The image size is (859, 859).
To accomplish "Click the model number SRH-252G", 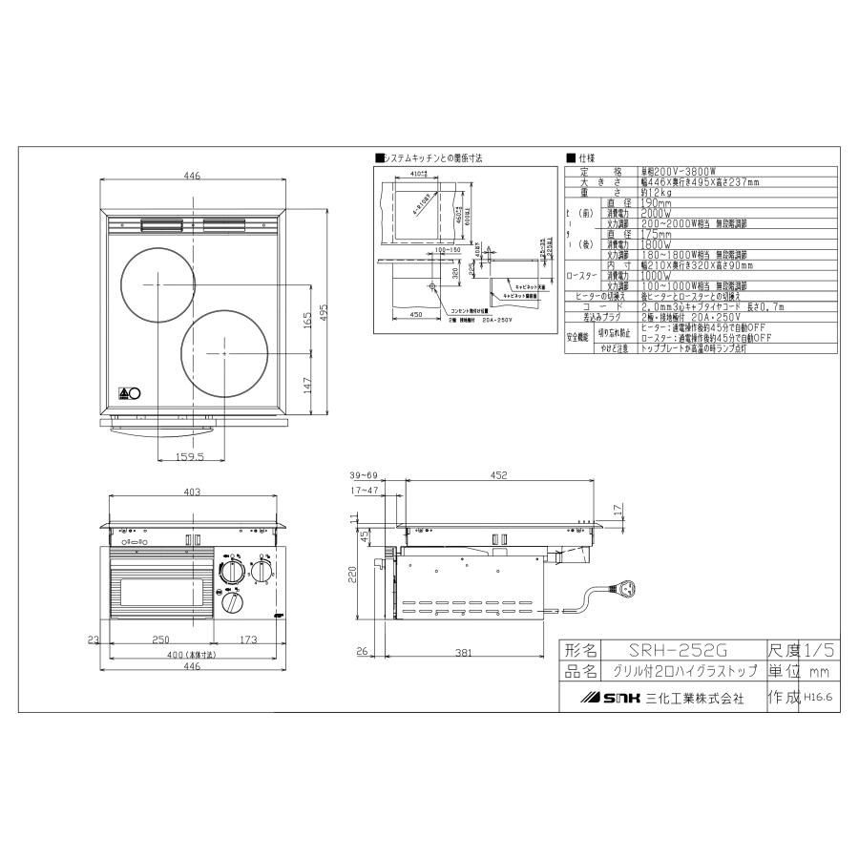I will [x=673, y=650].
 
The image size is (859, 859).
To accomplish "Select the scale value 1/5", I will [x=820, y=650].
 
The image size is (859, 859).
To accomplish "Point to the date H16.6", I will [x=818, y=698].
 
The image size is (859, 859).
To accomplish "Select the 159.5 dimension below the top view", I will [x=190, y=457].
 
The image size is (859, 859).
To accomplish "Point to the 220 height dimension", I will [x=352, y=574].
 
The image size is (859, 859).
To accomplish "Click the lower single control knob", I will [x=232, y=603].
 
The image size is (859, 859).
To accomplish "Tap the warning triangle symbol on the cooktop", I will [x=123, y=392].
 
